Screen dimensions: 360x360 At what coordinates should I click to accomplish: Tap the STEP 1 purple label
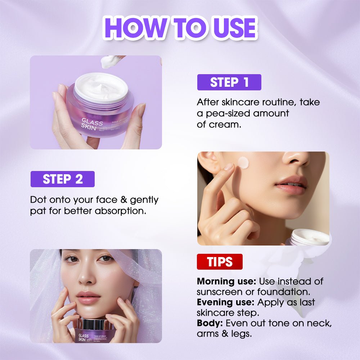click(229, 82)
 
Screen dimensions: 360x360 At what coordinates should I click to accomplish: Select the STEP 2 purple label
click(62, 179)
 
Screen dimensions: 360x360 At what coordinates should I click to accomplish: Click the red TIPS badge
click(219, 262)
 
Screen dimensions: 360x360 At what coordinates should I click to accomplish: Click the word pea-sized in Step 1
click(228, 113)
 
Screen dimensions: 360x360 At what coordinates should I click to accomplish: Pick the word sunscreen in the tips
click(218, 292)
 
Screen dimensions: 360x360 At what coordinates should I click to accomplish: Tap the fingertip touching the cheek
click(229, 167)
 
